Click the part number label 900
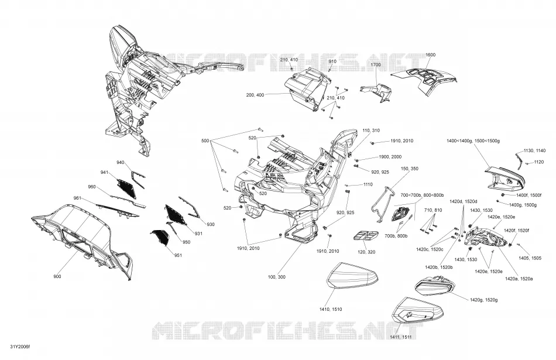pos(57,277)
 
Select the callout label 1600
pos(431,54)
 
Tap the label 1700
pos(376,64)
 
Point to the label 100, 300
pos(277,277)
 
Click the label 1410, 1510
pos(331,309)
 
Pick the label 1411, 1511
pos(400,337)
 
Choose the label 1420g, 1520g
pos(483,300)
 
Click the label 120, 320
pos(366,252)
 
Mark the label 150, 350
pos(410,169)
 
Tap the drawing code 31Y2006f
pos(20,347)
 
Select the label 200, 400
pos(255,95)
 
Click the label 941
pos(104,172)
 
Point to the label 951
pos(178,255)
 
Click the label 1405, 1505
pos(530,258)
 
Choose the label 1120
pos(538,162)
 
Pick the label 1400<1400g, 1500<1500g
pos(473,141)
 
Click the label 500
pos(205,141)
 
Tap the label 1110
pos(368,184)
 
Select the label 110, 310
pos(371,131)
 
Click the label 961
pos(77,197)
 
